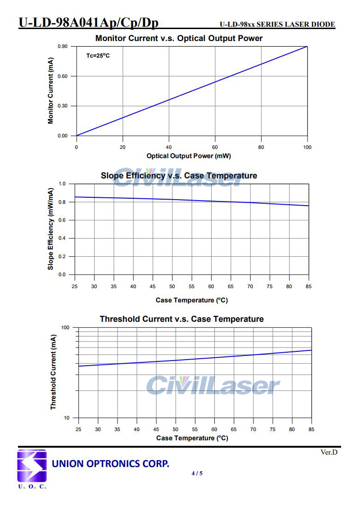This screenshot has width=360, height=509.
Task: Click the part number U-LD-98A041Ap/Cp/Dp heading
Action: pyautogui.click(x=89, y=23)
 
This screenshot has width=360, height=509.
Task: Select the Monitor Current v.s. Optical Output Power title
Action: pyautogui.click(x=179, y=38)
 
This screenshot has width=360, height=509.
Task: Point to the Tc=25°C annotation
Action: pyautogui.click(x=98, y=56)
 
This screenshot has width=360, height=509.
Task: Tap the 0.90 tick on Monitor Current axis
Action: pyautogui.click(x=63, y=47)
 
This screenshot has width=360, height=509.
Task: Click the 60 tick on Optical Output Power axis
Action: pyautogui.click(x=215, y=147)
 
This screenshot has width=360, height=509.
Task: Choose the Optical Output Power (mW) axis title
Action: pyautogui.click(x=189, y=156)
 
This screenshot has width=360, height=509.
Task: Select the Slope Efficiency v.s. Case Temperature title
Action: pyautogui.click(x=179, y=176)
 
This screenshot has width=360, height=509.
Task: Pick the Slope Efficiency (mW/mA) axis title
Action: pyautogui.click(x=51, y=229)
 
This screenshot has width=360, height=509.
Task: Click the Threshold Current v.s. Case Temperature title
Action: pyautogui.click(x=182, y=319)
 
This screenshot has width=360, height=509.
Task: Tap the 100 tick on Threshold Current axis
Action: pyautogui.click(x=65, y=327)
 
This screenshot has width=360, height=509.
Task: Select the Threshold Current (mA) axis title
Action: pyautogui.click(x=53, y=373)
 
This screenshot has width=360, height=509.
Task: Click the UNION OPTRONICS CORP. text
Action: pyautogui.click(x=111, y=463)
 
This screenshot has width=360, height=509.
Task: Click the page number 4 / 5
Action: pyautogui.click(x=197, y=473)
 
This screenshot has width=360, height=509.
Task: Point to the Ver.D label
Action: pyautogui.click(x=329, y=452)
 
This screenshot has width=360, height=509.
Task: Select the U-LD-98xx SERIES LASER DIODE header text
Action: pyautogui.click(x=277, y=24)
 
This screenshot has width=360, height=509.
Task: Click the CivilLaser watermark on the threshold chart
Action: pyautogui.click(x=213, y=385)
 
